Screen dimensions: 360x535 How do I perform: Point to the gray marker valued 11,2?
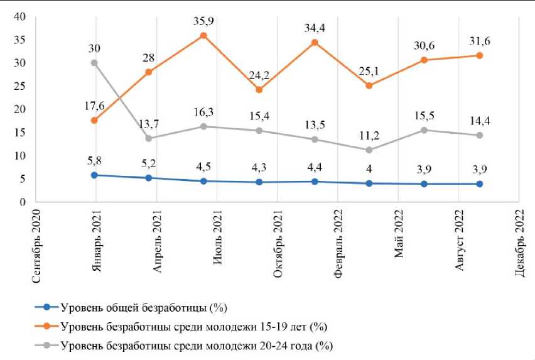[369, 150]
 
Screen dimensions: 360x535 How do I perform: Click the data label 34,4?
[315, 28]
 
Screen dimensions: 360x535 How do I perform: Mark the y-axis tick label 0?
[21, 202]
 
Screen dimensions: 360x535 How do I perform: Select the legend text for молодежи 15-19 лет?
[194, 327]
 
